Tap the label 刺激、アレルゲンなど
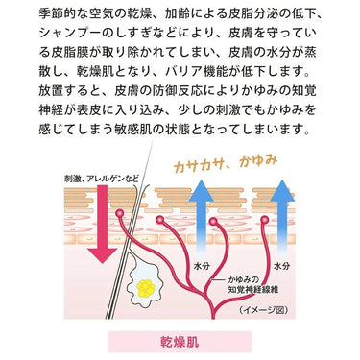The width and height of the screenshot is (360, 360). (x=102, y=179)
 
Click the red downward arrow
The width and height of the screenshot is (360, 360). (x=103, y=224)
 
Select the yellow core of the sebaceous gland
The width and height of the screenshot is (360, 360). (x=146, y=288)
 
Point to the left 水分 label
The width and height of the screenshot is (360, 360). (x=202, y=266)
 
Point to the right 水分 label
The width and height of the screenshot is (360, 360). (x=282, y=266)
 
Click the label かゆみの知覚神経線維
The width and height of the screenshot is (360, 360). (x=252, y=285)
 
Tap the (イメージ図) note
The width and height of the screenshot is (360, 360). (x=263, y=310)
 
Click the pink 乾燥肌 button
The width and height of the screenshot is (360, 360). (x=180, y=342)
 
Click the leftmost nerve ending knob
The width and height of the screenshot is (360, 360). (x=119, y=213)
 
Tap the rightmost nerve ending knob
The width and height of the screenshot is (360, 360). (x=265, y=220)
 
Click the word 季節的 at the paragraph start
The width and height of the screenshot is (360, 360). (x=58, y=13)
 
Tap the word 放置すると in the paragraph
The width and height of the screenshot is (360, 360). (x=70, y=90)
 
